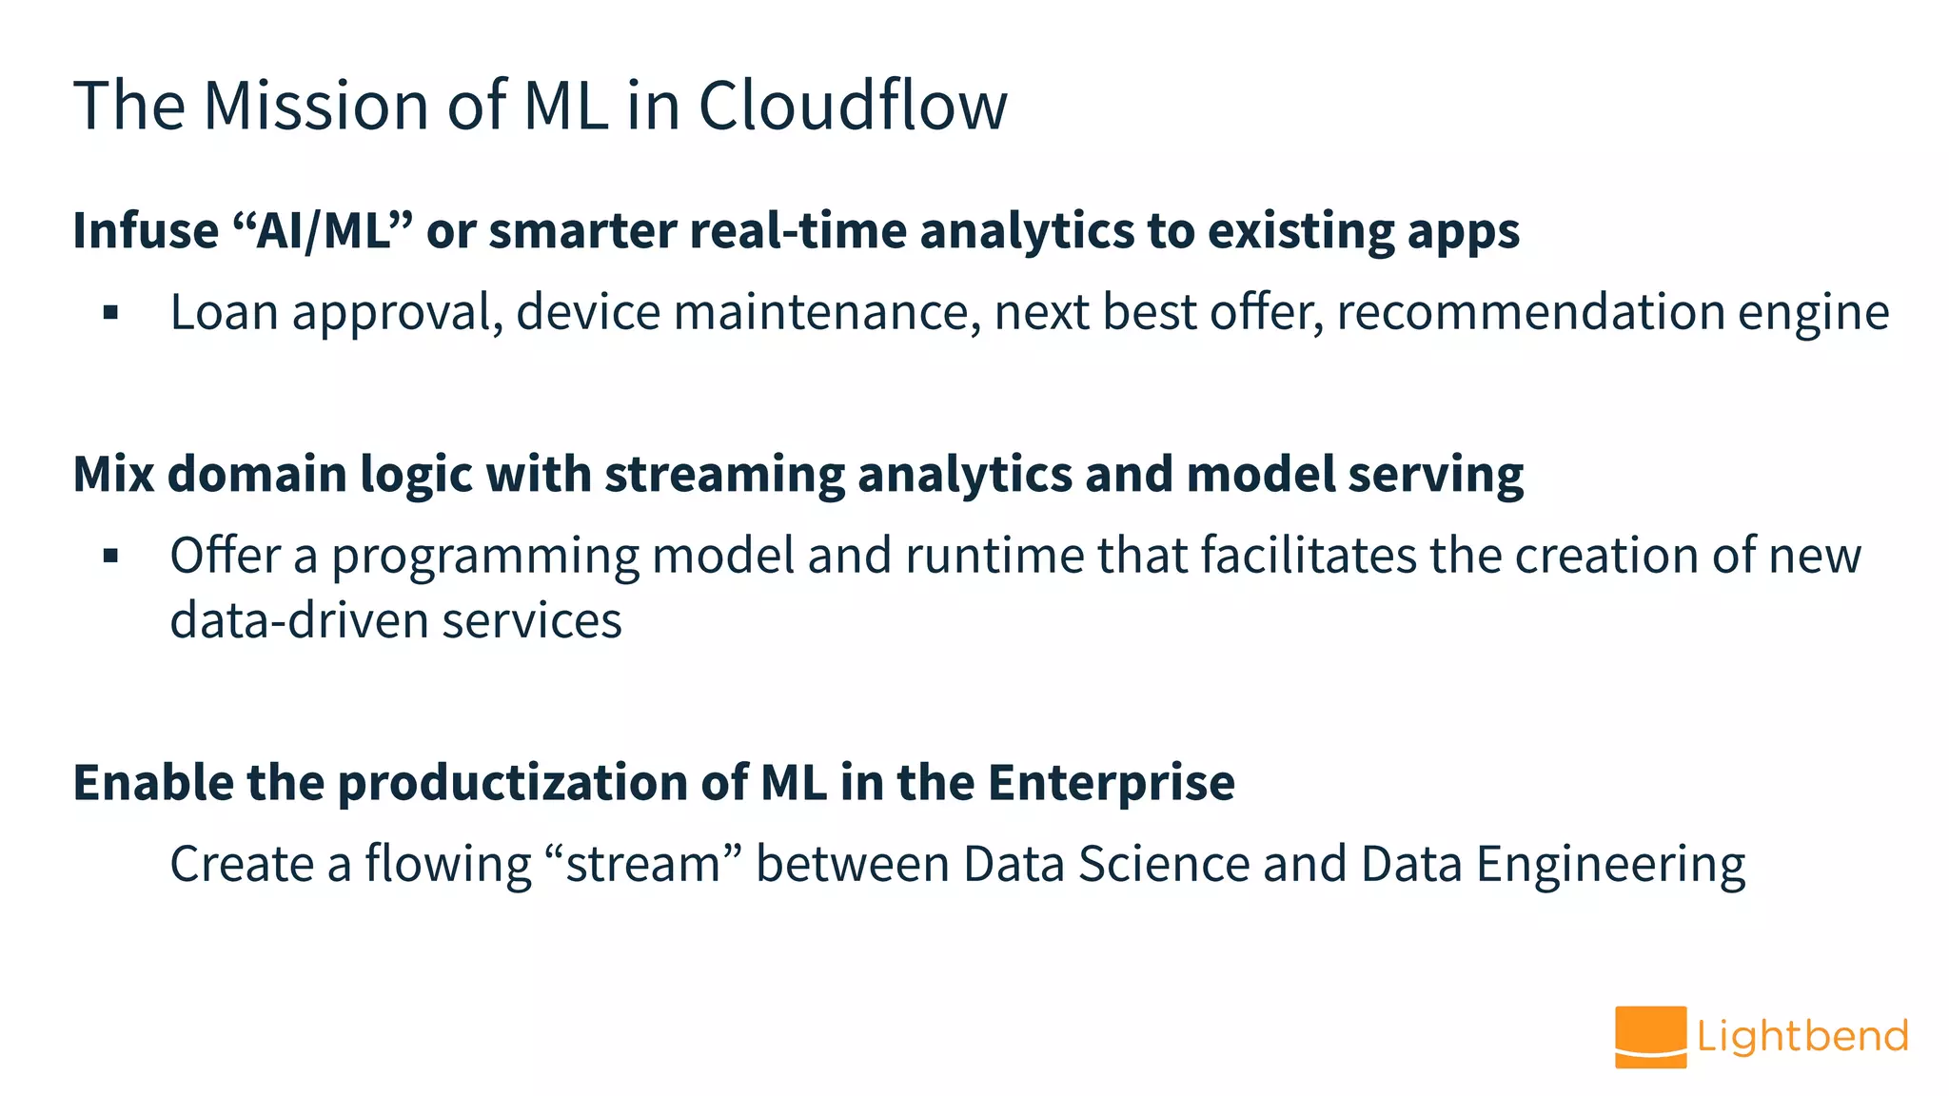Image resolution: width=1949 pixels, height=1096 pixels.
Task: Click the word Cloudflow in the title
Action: click(x=852, y=105)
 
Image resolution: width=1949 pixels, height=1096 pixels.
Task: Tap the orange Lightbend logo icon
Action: click(x=1650, y=1037)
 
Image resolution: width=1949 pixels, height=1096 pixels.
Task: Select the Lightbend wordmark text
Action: click(x=1801, y=1036)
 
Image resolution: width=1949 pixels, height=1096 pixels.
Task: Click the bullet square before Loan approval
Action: click(x=111, y=312)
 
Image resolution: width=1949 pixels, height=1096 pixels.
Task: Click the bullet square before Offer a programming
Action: click(x=111, y=556)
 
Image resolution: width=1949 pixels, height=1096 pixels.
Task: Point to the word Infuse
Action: click(x=146, y=231)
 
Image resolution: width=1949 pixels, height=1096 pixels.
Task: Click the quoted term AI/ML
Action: click(x=323, y=231)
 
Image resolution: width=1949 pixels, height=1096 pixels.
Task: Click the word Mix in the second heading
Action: click(x=113, y=474)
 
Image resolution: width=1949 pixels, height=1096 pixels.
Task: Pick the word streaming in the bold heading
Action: click(x=724, y=474)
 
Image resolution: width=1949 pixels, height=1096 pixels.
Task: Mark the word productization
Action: click(x=513, y=783)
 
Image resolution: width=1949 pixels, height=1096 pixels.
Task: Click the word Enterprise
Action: click(x=1111, y=783)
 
